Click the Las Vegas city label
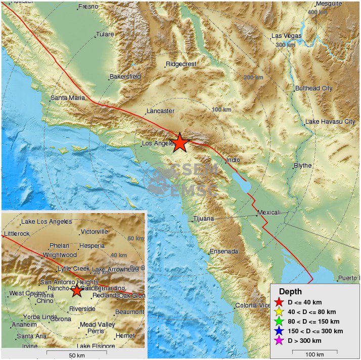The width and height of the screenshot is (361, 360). pyautogui.click(x=286, y=36)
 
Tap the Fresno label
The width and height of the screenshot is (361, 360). pyautogui.click(x=88, y=7)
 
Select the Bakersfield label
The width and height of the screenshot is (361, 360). pyautogui.click(x=125, y=77)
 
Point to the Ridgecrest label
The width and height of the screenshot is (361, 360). pyautogui.click(x=181, y=64)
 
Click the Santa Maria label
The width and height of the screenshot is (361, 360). pyautogui.click(x=68, y=98)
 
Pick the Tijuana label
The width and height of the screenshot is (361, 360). pyautogui.click(x=204, y=219)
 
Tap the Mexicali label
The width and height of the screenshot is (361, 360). pyautogui.click(x=268, y=213)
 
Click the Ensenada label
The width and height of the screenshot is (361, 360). pyautogui.click(x=223, y=251)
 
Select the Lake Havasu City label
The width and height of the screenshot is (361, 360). pyautogui.click(x=330, y=122)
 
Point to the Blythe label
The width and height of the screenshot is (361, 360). pyautogui.click(x=303, y=166)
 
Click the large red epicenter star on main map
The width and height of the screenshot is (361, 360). pyautogui.click(x=179, y=143)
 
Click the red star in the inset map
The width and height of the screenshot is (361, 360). pyautogui.click(x=76, y=291)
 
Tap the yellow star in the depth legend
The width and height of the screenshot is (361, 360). pyautogui.click(x=278, y=312)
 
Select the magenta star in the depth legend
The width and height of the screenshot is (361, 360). pyautogui.click(x=278, y=340)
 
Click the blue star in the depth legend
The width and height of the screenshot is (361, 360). pyautogui.click(x=278, y=331)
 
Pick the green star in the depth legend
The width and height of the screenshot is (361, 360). pyautogui.click(x=278, y=321)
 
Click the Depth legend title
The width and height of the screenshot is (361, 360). pyautogui.click(x=290, y=292)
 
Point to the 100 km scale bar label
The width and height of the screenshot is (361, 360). pyautogui.click(x=314, y=354)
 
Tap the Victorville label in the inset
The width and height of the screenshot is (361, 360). pyautogui.click(x=95, y=232)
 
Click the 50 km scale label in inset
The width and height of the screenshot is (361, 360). pyautogui.click(x=76, y=355)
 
